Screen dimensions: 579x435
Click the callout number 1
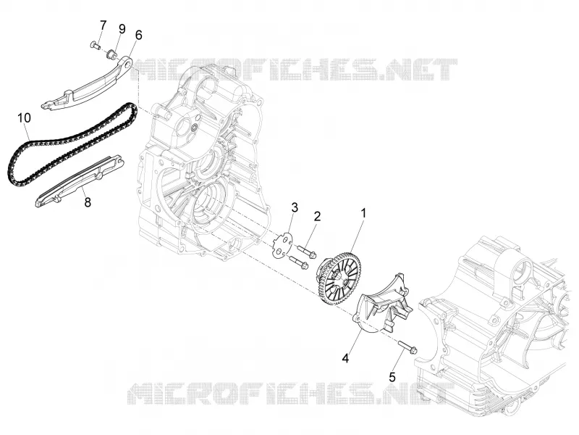point(363,214)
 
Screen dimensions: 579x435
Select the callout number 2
point(317,216)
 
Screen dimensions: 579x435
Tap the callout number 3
point(295,207)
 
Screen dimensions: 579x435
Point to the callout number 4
point(345,358)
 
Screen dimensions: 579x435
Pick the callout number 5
point(392,377)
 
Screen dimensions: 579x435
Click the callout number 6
point(138,35)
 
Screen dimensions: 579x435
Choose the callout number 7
point(103,25)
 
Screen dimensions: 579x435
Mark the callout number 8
point(88,202)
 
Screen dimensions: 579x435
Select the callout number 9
point(122,29)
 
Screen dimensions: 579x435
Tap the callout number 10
point(24,118)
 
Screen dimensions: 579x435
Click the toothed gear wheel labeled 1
point(339,277)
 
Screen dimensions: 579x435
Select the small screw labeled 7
point(96,46)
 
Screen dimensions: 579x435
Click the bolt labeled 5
point(407,347)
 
